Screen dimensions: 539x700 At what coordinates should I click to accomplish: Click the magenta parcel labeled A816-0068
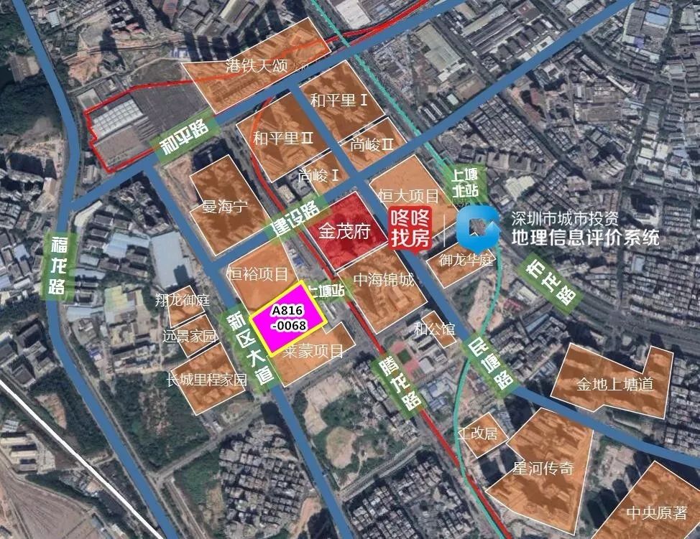[x=290, y=318]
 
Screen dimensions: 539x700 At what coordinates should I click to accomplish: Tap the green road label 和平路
[x=183, y=138]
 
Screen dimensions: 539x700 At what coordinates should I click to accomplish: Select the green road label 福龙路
[x=57, y=266]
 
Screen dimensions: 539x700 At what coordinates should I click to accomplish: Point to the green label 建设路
[x=295, y=220]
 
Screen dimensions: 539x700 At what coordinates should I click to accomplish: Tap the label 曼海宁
[x=224, y=207]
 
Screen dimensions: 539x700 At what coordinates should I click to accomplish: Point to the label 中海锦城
[x=384, y=280]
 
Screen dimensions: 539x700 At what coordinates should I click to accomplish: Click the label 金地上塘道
[x=614, y=385]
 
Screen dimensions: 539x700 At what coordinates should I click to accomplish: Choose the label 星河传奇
[x=543, y=468]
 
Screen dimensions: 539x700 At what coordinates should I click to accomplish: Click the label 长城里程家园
[x=206, y=380]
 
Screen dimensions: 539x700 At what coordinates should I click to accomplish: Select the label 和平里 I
[x=339, y=100]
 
